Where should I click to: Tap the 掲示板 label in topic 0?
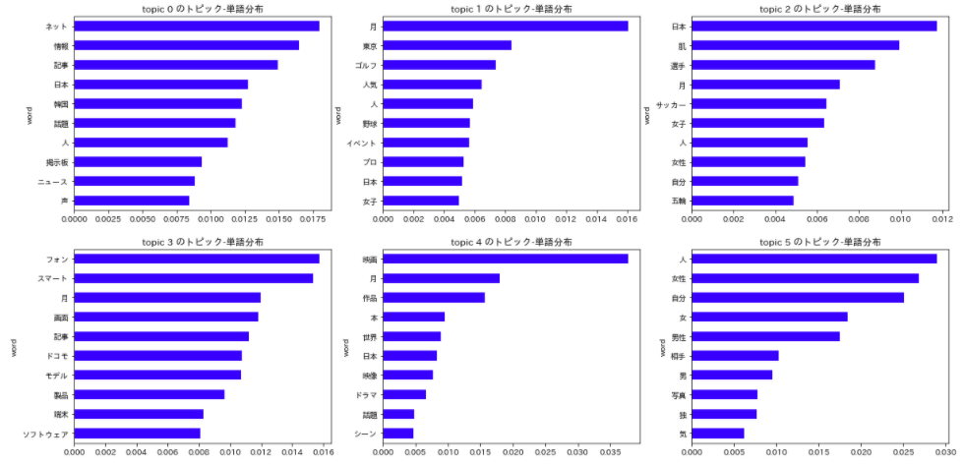[x=56, y=162]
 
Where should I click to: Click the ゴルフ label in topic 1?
[x=365, y=65]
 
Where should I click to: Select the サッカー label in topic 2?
[x=671, y=104]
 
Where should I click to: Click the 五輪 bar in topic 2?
[x=743, y=201]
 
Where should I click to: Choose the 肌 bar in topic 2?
[x=795, y=45]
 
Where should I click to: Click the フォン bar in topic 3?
[x=196, y=259]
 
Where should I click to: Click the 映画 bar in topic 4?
[x=505, y=259]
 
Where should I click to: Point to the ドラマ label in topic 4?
[x=365, y=395]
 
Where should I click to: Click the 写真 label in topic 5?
[x=678, y=395]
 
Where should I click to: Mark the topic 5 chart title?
[x=814, y=242]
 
